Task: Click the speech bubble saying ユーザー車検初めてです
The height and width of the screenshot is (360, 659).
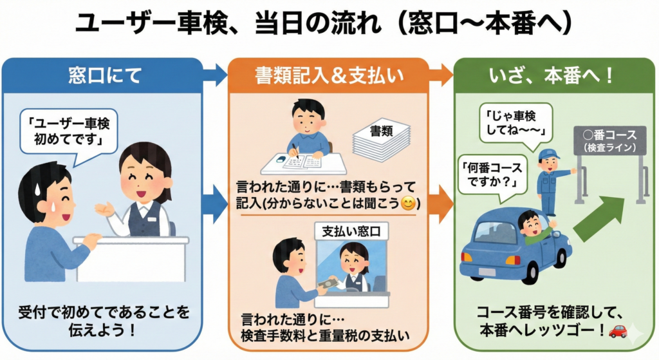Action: (68, 131)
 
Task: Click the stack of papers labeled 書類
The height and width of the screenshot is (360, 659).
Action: (381, 138)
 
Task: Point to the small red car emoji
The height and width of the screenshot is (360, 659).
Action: (617, 331)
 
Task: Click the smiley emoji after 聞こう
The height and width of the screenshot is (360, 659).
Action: (407, 205)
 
